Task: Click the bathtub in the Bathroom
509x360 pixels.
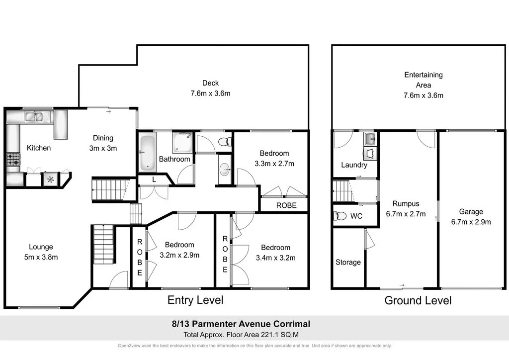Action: click(x=147, y=152)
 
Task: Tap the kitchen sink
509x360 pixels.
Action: click(x=35, y=117)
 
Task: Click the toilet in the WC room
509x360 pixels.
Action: click(x=340, y=216)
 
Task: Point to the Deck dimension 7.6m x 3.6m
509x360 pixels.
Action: click(x=210, y=93)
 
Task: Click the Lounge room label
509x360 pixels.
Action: click(x=41, y=247)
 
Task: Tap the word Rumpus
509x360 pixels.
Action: click(x=406, y=203)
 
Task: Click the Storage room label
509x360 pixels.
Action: click(x=348, y=262)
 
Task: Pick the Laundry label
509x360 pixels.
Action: click(x=354, y=165)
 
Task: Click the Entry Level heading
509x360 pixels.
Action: click(x=195, y=300)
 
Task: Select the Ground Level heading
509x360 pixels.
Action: click(x=418, y=300)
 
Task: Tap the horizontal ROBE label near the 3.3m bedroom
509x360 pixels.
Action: click(x=286, y=205)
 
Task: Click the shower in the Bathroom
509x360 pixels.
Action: click(x=182, y=142)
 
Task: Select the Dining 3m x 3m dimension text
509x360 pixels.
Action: click(x=103, y=148)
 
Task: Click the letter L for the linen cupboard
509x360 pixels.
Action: click(x=154, y=180)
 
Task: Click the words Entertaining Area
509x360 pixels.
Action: click(x=423, y=80)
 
